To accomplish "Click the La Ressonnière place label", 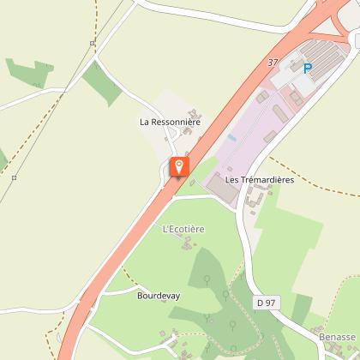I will [x=170, y=123].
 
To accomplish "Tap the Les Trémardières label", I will [x=260, y=180].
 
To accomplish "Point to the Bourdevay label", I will [x=158, y=295].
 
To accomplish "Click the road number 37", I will [x=273, y=63].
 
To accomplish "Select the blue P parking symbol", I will [x=307, y=68].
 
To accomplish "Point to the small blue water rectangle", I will [x=232, y=136].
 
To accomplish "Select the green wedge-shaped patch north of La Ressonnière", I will [x=102, y=82].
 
